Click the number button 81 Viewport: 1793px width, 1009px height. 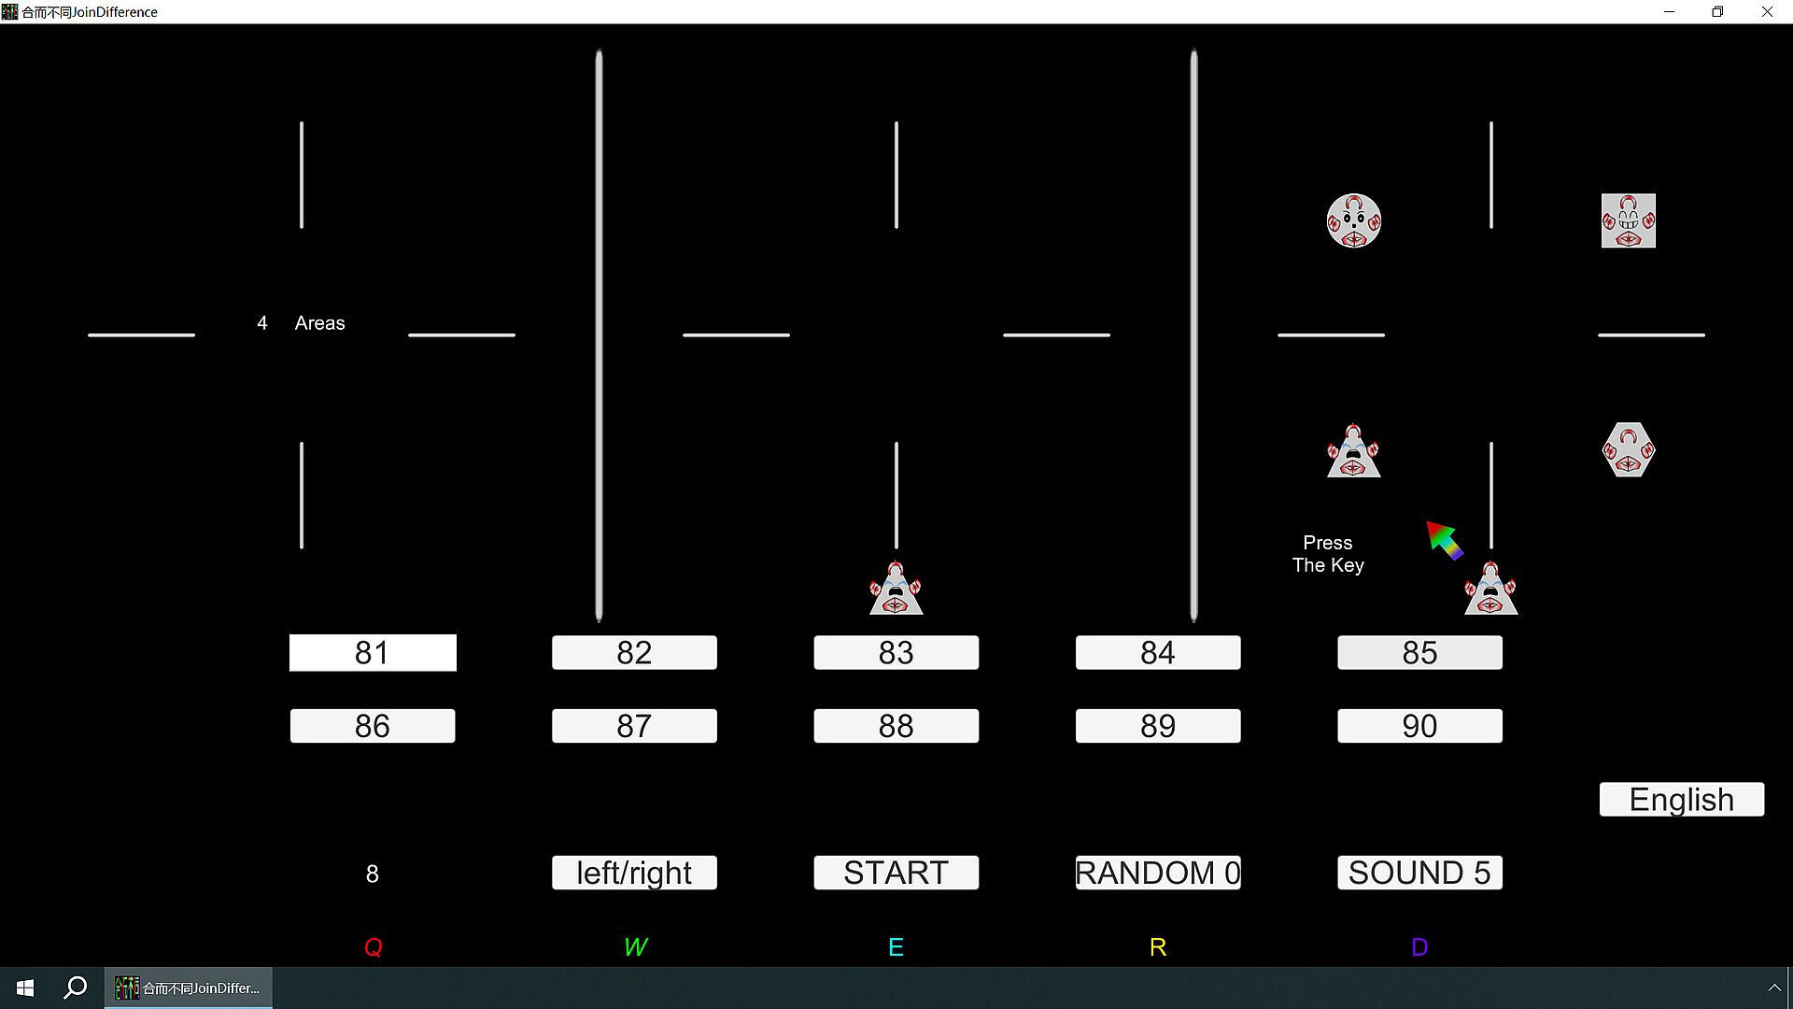coord(373,652)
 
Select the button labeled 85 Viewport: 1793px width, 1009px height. coord(1419,652)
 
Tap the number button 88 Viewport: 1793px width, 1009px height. coord(896,726)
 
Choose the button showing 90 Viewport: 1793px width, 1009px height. coord(1419,726)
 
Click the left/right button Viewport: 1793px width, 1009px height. coord(634,873)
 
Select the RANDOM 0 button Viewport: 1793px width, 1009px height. coord(1158,873)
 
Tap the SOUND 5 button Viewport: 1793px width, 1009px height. coord(1419,873)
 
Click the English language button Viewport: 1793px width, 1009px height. coord(1682,800)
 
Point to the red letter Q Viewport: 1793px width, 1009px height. coord(374,947)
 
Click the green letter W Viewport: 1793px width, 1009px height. coord(635,947)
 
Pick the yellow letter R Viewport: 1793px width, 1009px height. coord(1158,947)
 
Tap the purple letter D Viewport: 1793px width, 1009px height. coord(1419,947)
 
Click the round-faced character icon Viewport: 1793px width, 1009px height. coord(1354,220)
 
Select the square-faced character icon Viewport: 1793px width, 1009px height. coord(1629,220)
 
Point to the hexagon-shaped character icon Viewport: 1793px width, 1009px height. coord(1629,449)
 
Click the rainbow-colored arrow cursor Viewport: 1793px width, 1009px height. coord(1445,540)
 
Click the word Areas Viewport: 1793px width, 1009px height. coord(319,323)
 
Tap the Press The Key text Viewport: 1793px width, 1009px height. coord(1328,554)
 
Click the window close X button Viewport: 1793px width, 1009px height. coord(1767,12)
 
